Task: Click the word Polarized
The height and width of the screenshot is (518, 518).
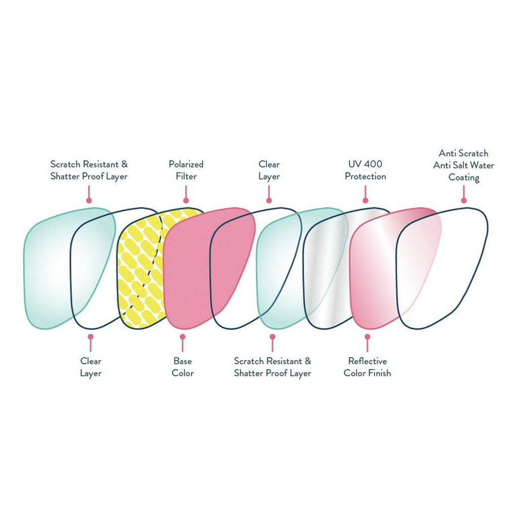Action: [x=186, y=164]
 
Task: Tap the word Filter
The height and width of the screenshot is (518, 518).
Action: [x=186, y=177]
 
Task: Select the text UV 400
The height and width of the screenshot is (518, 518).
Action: [x=365, y=164]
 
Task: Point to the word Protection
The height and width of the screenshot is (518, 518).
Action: [x=365, y=177]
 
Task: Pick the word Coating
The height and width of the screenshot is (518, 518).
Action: [x=464, y=178]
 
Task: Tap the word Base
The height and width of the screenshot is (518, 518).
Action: [x=182, y=361]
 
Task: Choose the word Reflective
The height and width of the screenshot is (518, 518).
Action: [x=367, y=361]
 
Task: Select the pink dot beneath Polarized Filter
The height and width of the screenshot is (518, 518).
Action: [x=186, y=201]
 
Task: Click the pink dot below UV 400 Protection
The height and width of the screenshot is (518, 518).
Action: [x=365, y=201]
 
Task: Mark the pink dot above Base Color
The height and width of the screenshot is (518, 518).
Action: [x=182, y=335]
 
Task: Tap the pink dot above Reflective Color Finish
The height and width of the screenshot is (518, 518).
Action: [x=367, y=335]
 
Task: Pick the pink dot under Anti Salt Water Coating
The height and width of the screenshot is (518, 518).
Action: [x=464, y=201]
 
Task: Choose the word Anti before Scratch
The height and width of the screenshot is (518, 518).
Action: [x=447, y=153]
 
